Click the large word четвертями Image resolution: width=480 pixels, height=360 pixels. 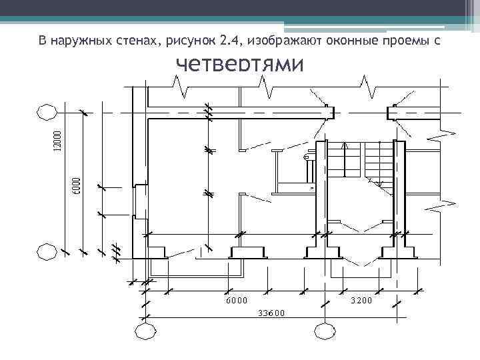(239, 66)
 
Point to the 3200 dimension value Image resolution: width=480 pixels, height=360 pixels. (361, 301)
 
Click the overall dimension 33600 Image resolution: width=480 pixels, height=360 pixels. (271, 313)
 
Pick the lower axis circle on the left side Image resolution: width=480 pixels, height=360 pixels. (46, 252)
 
